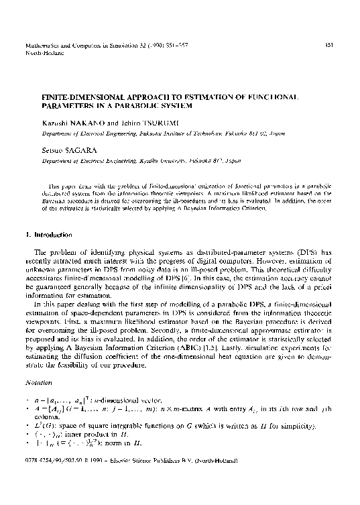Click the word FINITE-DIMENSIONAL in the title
pos(76,97)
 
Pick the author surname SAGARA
pos(74,152)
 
